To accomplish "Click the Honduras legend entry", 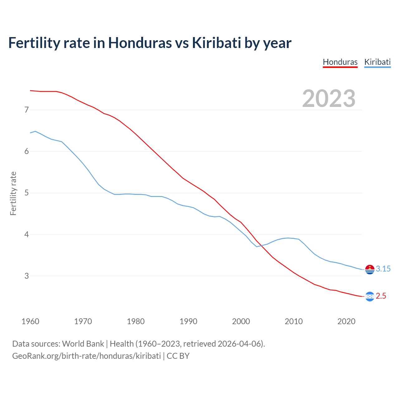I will click(340, 62).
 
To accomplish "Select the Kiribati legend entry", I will click(377, 62).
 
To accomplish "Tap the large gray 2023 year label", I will click(329, 99).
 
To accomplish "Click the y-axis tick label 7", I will click(26, 110).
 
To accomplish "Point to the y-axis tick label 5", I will click(26, 193).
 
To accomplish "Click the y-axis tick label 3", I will click(26, 276).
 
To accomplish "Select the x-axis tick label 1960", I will click(30, 321).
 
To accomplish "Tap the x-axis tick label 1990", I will click(188, 321).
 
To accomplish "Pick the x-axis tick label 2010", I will click(294, 321).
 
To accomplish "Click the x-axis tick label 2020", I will click(346, 321).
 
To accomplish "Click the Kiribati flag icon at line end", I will click(370, 269).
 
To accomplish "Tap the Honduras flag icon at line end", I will click(370, 296).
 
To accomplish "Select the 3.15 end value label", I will click(383, 269).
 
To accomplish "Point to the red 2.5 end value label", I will click(381, 296).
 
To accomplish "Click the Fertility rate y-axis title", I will click(13, 193).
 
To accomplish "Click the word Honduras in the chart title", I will click(140, 43).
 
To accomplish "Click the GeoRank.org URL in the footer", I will click(86, 356).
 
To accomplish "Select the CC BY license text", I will click(178, 356).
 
